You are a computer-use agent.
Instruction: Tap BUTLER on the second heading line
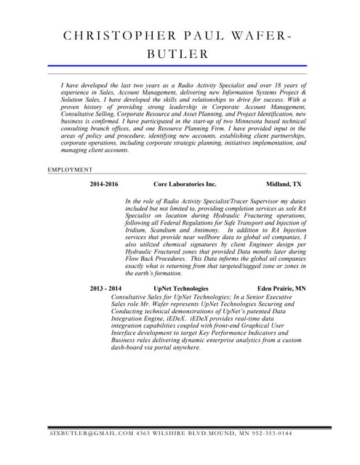[177, 53]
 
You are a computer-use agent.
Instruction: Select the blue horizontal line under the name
[177, 66]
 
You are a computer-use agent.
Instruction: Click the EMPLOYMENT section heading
[71, 169]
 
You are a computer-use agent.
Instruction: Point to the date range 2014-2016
[104, 185]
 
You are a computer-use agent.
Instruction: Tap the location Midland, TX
[284, 185]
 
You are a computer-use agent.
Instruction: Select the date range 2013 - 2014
[105, 288]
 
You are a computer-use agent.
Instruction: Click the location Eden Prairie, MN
[281, 288]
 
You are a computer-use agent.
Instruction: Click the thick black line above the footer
[189, 427]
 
